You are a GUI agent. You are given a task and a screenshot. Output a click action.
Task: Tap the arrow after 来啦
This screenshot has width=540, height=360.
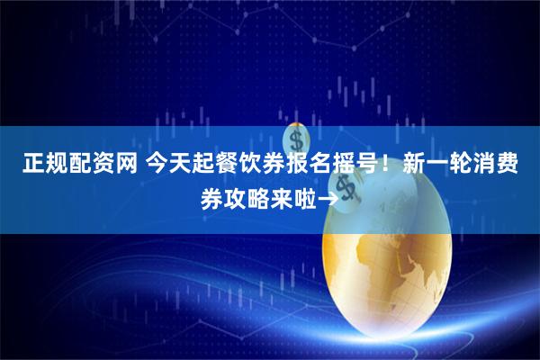[x=329, y=199]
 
